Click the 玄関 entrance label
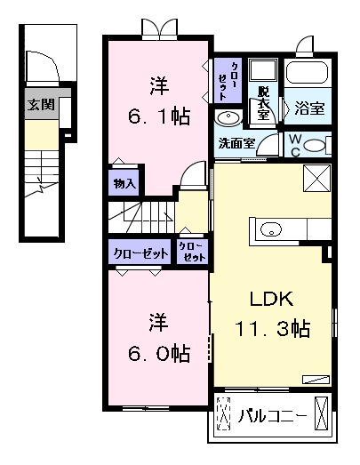[41, 104]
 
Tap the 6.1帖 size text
[160, 116]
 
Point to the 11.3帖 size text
[273, 329]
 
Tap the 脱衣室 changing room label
[264, 104]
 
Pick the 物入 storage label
[124, 183]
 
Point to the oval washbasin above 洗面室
[227, 119]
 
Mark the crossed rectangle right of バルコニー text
[323, 414]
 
